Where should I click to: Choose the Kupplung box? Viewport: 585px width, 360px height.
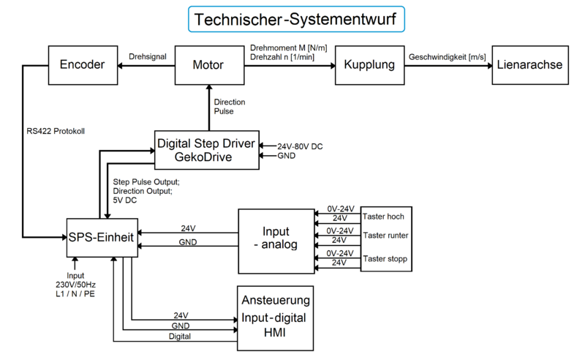tap(370, 64)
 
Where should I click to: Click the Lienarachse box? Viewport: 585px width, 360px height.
tap(529, 64)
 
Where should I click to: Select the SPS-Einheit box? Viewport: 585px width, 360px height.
tap(102, 236)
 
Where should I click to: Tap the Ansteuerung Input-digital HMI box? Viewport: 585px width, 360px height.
tap(274, 317)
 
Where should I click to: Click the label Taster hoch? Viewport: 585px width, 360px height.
tap(383, 217)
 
